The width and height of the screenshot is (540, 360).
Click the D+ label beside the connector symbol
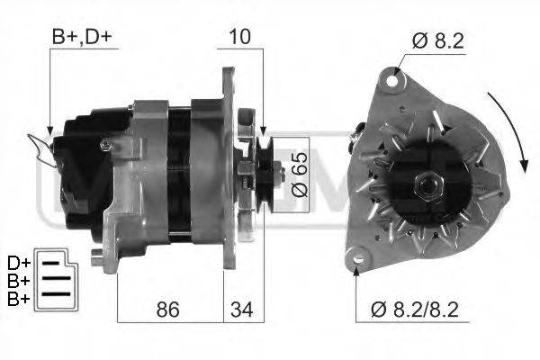[x=18, y=263]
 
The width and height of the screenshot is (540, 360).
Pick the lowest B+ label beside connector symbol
[x=18, y=297]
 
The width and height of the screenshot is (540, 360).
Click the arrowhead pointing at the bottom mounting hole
[x=356, y=267]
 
